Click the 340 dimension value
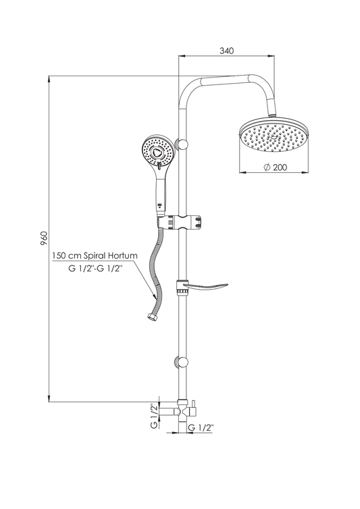click(226, 51)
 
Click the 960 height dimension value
click(44, 238)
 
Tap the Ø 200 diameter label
click(275, 167)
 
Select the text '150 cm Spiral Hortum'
click(95, 255)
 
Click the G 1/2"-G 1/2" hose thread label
click(95, 269)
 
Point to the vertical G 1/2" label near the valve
click(154, 416)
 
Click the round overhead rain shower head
click(274, 136)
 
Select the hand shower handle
click(161, 193)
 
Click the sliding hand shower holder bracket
click(179, 223)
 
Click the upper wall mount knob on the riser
click(182, 144)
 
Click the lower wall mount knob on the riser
click(182, 362)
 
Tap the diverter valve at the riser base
click(182, 410)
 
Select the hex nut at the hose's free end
click(151, 316)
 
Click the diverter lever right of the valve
click(193, 409)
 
